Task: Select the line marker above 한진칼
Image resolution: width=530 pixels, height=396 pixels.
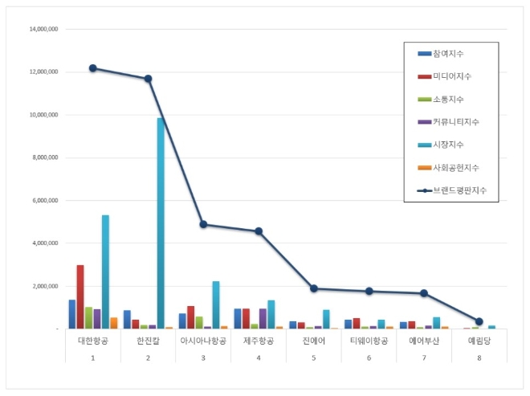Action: point(148,79)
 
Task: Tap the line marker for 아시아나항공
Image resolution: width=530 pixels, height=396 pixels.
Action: point(203,225)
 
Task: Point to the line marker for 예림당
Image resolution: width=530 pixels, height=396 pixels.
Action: point(479,321)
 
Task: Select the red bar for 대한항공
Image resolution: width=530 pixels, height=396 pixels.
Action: point(80,296)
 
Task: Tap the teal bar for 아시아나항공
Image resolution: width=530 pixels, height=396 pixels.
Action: point(216,304)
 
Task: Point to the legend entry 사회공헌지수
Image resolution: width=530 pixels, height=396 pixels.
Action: point(455,167)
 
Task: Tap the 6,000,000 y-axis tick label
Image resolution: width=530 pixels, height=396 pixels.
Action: point(44,200)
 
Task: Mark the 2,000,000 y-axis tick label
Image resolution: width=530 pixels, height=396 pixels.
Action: point(44,286)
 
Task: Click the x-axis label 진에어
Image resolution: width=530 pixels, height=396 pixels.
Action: point(313,341)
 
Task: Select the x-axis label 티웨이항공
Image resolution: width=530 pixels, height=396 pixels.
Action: point(369,341)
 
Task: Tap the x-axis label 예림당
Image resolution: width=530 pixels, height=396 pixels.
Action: point(479,341)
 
